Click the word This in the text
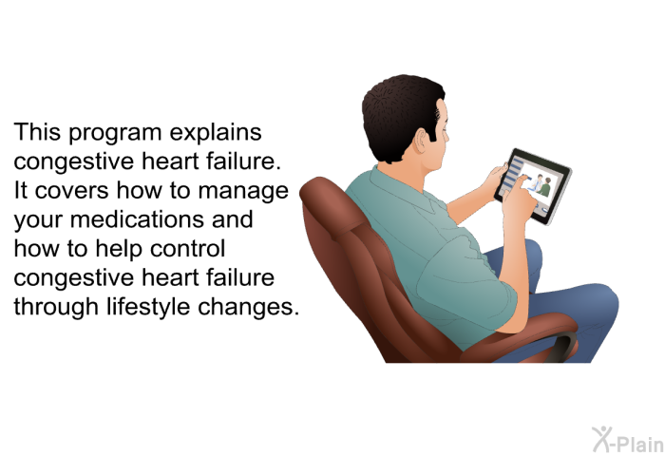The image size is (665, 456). click(x=37, y=131)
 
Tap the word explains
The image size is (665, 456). click(x=216, y=133)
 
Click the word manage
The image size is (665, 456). click(x=243, y=192)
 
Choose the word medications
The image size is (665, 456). click(x=136, y=219)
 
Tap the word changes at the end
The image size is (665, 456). click(x=249, y=307)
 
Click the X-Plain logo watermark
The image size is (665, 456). click(x=628, y=440)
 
